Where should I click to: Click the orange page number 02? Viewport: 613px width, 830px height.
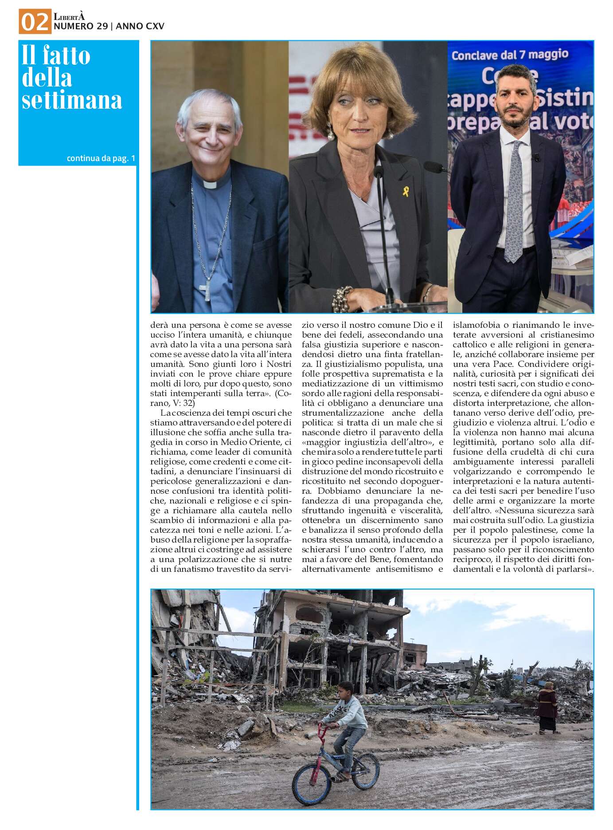coord(35,22)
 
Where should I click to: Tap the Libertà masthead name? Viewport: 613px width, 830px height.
coord(69,17)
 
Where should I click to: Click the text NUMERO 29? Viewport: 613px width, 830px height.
coord(81,27)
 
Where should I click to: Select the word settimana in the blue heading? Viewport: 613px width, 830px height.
coord(72,100)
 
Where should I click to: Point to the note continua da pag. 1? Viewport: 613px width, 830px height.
coord(101,158)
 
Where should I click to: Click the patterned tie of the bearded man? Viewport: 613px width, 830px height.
coord(515,200)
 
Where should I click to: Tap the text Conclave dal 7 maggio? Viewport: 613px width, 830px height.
coord(510,55)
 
